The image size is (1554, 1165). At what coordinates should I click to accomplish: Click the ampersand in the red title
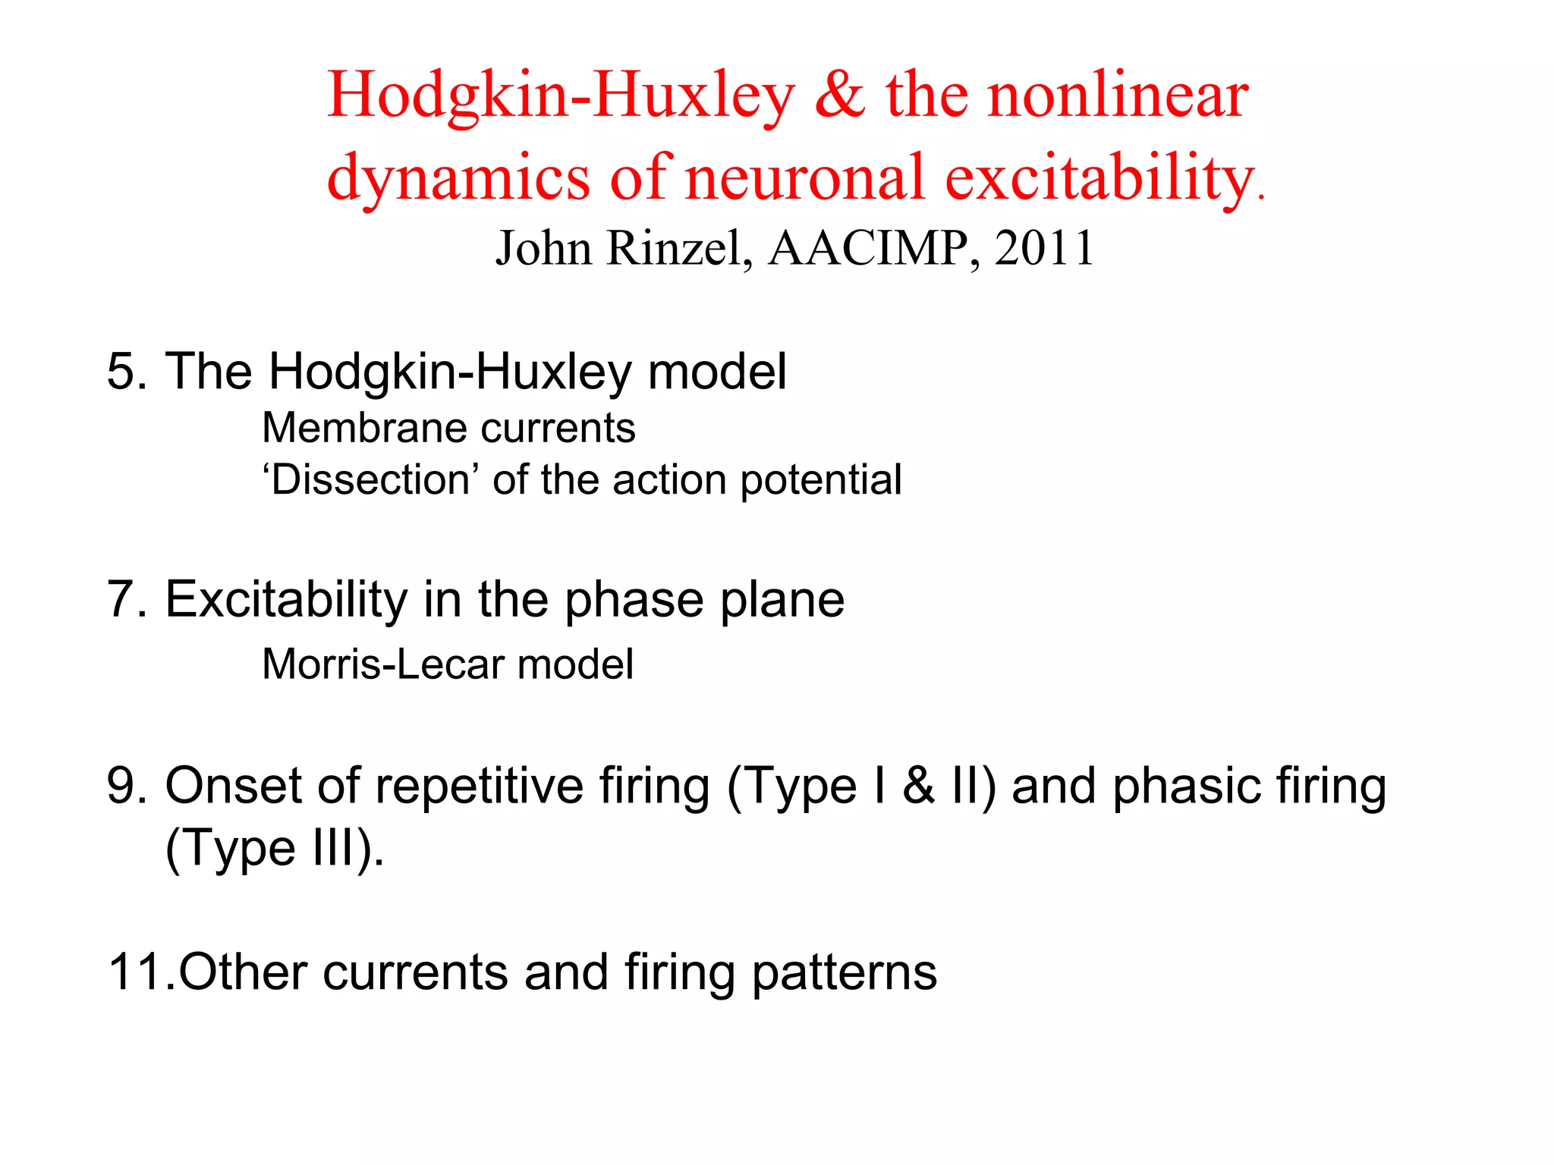pos(839,96)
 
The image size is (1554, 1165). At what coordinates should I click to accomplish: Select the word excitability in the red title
pos(1099,179)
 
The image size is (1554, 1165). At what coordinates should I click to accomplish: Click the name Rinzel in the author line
pos(679,248)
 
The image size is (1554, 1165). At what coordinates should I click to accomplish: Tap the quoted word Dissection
pos(371,480)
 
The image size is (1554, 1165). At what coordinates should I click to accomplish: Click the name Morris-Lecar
pos(383,664)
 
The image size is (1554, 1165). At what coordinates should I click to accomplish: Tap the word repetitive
pos(479,786)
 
